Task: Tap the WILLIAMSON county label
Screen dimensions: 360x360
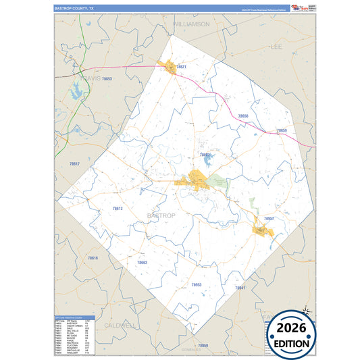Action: point(192,24)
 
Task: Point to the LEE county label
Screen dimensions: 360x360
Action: point(276,47)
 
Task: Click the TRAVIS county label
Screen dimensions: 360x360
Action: point(91,78)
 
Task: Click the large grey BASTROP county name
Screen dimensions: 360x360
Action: point(161,215)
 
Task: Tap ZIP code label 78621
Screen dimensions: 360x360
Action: point(181,68)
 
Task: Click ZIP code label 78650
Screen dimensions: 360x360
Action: point(242,116)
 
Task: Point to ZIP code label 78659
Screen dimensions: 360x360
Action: point(282,130)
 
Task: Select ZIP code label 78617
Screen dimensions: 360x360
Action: point(74,164)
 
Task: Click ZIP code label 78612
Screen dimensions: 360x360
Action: point(118,209)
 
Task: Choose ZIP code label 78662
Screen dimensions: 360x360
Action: point(142,262)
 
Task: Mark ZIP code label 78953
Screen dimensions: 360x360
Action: point(197,285)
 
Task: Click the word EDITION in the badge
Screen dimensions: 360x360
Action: point(292,343)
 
